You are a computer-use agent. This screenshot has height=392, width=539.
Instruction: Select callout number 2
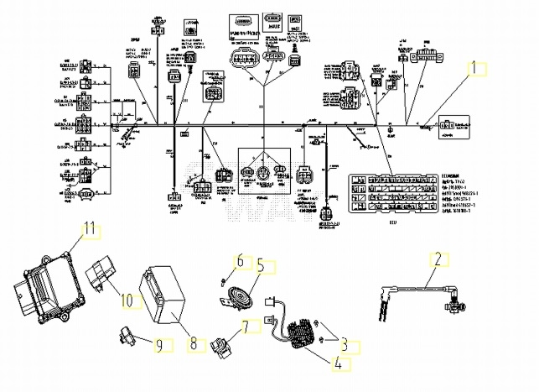coord(437,259)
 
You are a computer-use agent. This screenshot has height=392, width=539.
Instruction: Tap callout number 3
coord(344,343)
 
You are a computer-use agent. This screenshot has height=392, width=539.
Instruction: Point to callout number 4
coord(339,364)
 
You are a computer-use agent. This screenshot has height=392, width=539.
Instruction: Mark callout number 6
coord(240,261)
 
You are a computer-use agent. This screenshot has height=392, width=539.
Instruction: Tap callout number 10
coord(127,299)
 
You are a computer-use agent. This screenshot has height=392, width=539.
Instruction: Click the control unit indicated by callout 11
coord(46,285)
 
